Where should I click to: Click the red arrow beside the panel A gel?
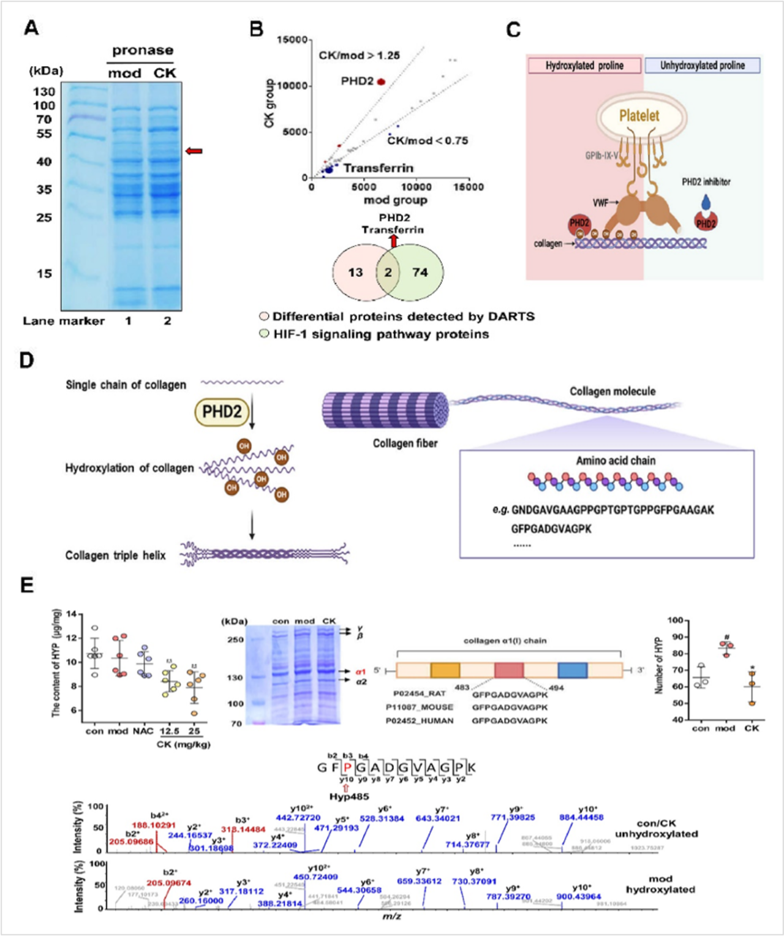[x=194, y=151]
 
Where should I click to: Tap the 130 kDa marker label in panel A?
[x=44, y=92]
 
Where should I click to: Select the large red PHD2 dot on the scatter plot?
[x=381, y=81]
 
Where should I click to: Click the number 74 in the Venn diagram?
[x=420, y=272]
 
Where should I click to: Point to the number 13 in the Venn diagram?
[x=355, y=272]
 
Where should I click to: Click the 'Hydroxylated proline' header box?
[x=584, y=66]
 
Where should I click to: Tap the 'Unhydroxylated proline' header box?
[x=702, y=66]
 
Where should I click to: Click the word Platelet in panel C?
[x=639, y=115]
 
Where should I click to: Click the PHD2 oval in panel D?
[x=222, y=412]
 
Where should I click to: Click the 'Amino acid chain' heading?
[x=616, y=461]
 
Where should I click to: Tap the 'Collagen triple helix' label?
[x=116, y=556]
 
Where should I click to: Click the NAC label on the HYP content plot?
[x=143, y=731]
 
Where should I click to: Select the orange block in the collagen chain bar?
[x=445, y=670]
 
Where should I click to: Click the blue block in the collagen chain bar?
[x=573, y=670]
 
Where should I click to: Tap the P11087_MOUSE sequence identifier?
[x=420, y=707]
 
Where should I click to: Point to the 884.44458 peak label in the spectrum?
[x=581, y=817]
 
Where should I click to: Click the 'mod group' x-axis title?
[x=395, y=200]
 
